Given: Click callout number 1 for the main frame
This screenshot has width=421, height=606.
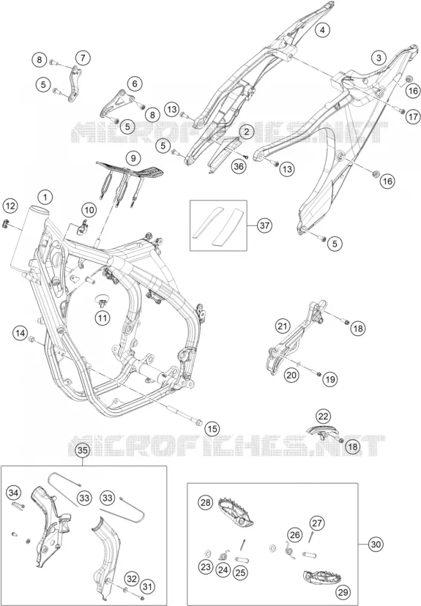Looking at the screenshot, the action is (45, 197).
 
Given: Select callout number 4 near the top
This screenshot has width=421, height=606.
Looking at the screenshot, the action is (321, 29).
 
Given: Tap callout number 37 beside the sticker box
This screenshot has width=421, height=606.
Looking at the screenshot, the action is (265, 225).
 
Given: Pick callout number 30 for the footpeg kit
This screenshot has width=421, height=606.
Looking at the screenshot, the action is (375, 545).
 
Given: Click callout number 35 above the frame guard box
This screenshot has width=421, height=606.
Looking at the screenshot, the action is (83, 450).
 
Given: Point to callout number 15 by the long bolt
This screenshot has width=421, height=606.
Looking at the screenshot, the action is (212, 429).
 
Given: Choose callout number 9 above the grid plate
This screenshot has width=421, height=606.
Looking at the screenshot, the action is (133, 158).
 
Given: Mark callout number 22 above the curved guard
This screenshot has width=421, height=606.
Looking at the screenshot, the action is (323, 416).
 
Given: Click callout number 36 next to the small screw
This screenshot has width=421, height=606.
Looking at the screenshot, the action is (239, 167).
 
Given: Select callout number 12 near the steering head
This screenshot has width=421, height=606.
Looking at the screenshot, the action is (10, 206).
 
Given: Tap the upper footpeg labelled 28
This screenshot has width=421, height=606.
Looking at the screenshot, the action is (236, 512).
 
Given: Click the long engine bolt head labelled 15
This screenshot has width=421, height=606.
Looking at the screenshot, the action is (198, 422).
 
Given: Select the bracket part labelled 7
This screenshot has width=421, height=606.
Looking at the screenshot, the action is (73, 84).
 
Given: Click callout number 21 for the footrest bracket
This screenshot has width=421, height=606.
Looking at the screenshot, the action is (283, 326).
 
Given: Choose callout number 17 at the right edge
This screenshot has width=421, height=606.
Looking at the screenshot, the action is (412, 116).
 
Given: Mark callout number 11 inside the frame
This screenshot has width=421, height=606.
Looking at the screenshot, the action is (103, 318).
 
